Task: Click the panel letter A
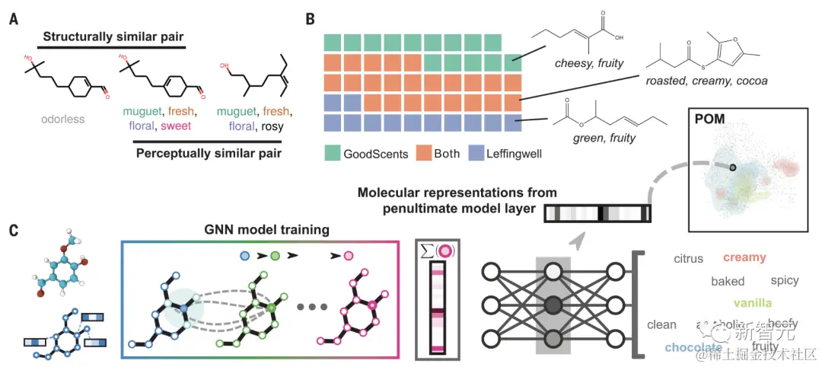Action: click(14, 17)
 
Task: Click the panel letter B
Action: click(311, 17)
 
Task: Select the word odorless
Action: click(57, 120)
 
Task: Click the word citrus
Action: click(690, 259)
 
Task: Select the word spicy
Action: click(784, 280)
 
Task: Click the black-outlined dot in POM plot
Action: click(732, 167)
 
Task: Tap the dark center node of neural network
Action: click(553, 305)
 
